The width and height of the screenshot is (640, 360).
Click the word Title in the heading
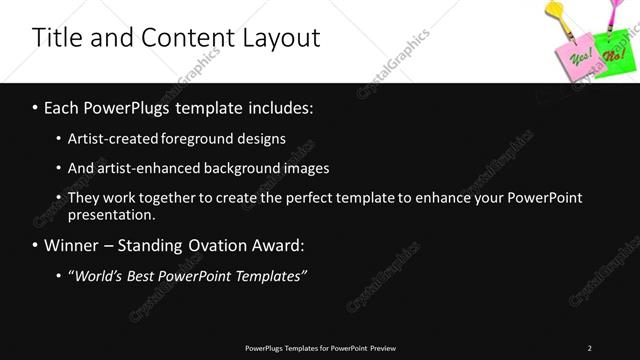[x=56, y=38]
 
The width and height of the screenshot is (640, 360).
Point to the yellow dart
[x=564, y=12]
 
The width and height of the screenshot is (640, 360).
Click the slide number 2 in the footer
[x=589, y=348]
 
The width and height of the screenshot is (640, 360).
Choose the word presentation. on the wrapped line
[x=112, y=215]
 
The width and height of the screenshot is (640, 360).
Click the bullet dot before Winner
[x=36, y=245]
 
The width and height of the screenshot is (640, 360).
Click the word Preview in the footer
[x=383, y=348]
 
